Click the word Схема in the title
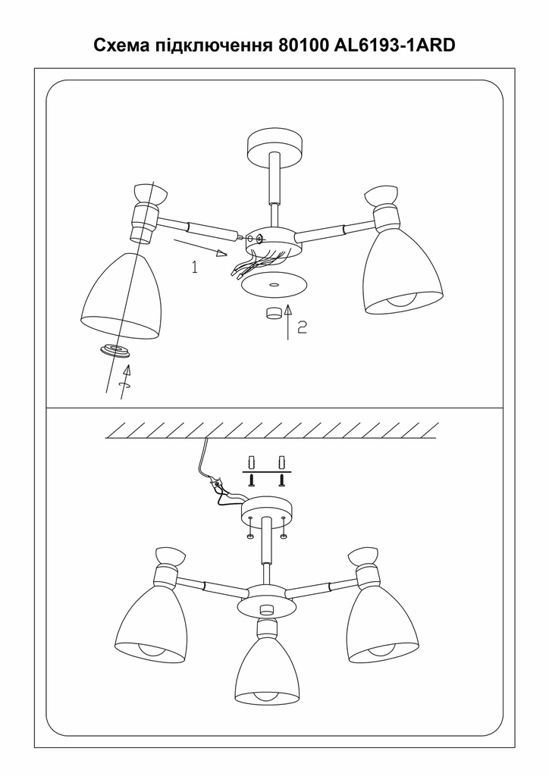coord(122,45)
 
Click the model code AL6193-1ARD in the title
coord(395,45)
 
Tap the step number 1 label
coord(195,268)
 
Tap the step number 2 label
coord(302,327)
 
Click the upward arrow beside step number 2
coord(288,322)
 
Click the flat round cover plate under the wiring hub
coord(274,285)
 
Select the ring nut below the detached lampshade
coord(115,352)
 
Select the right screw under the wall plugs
coord(283,480)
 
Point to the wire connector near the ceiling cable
coord(217,485)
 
